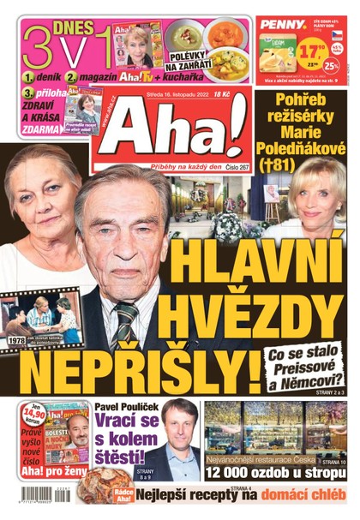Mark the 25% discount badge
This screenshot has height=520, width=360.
tap(333, 63)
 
